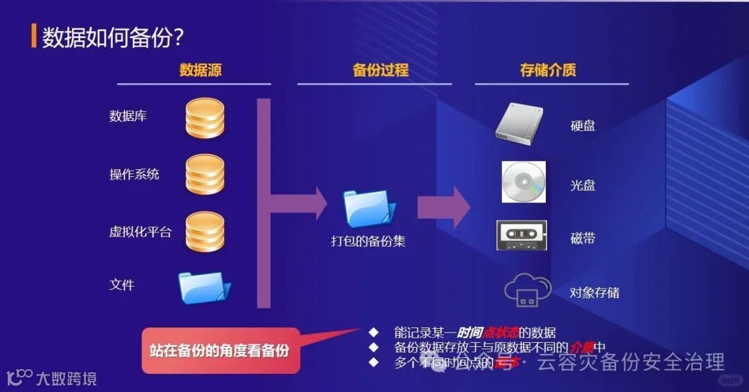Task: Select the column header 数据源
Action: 200,70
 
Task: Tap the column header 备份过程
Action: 381,70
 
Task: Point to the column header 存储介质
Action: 548,70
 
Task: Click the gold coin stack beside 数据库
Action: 205,119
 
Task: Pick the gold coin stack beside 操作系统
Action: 205,174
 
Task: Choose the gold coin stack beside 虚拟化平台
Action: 205,232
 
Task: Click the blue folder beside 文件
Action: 204,287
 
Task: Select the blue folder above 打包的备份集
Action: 369,208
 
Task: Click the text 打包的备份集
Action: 368,241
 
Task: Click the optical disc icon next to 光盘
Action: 524,182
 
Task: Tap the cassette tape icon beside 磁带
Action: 522,235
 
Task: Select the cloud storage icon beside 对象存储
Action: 528,290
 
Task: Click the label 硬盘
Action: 583,126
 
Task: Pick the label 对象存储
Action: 594,292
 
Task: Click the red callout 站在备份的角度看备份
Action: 220,350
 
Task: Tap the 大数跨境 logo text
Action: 66,379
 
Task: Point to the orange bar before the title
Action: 33,37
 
